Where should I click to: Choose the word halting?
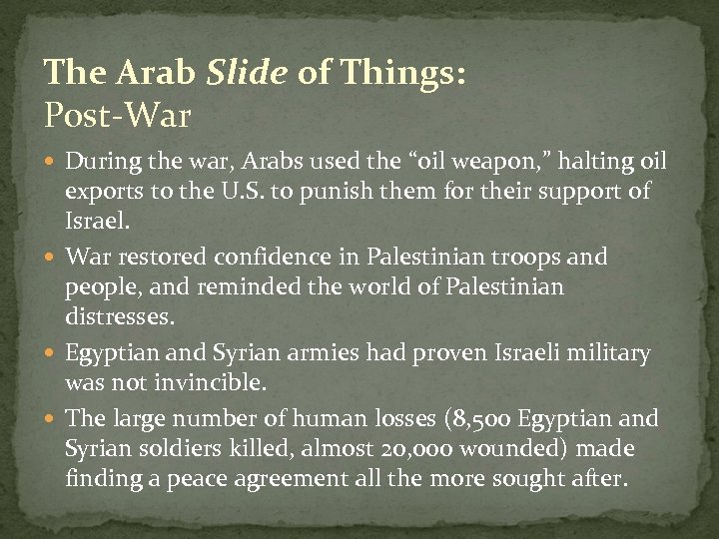pyautogui.click(x=581, y=162)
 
